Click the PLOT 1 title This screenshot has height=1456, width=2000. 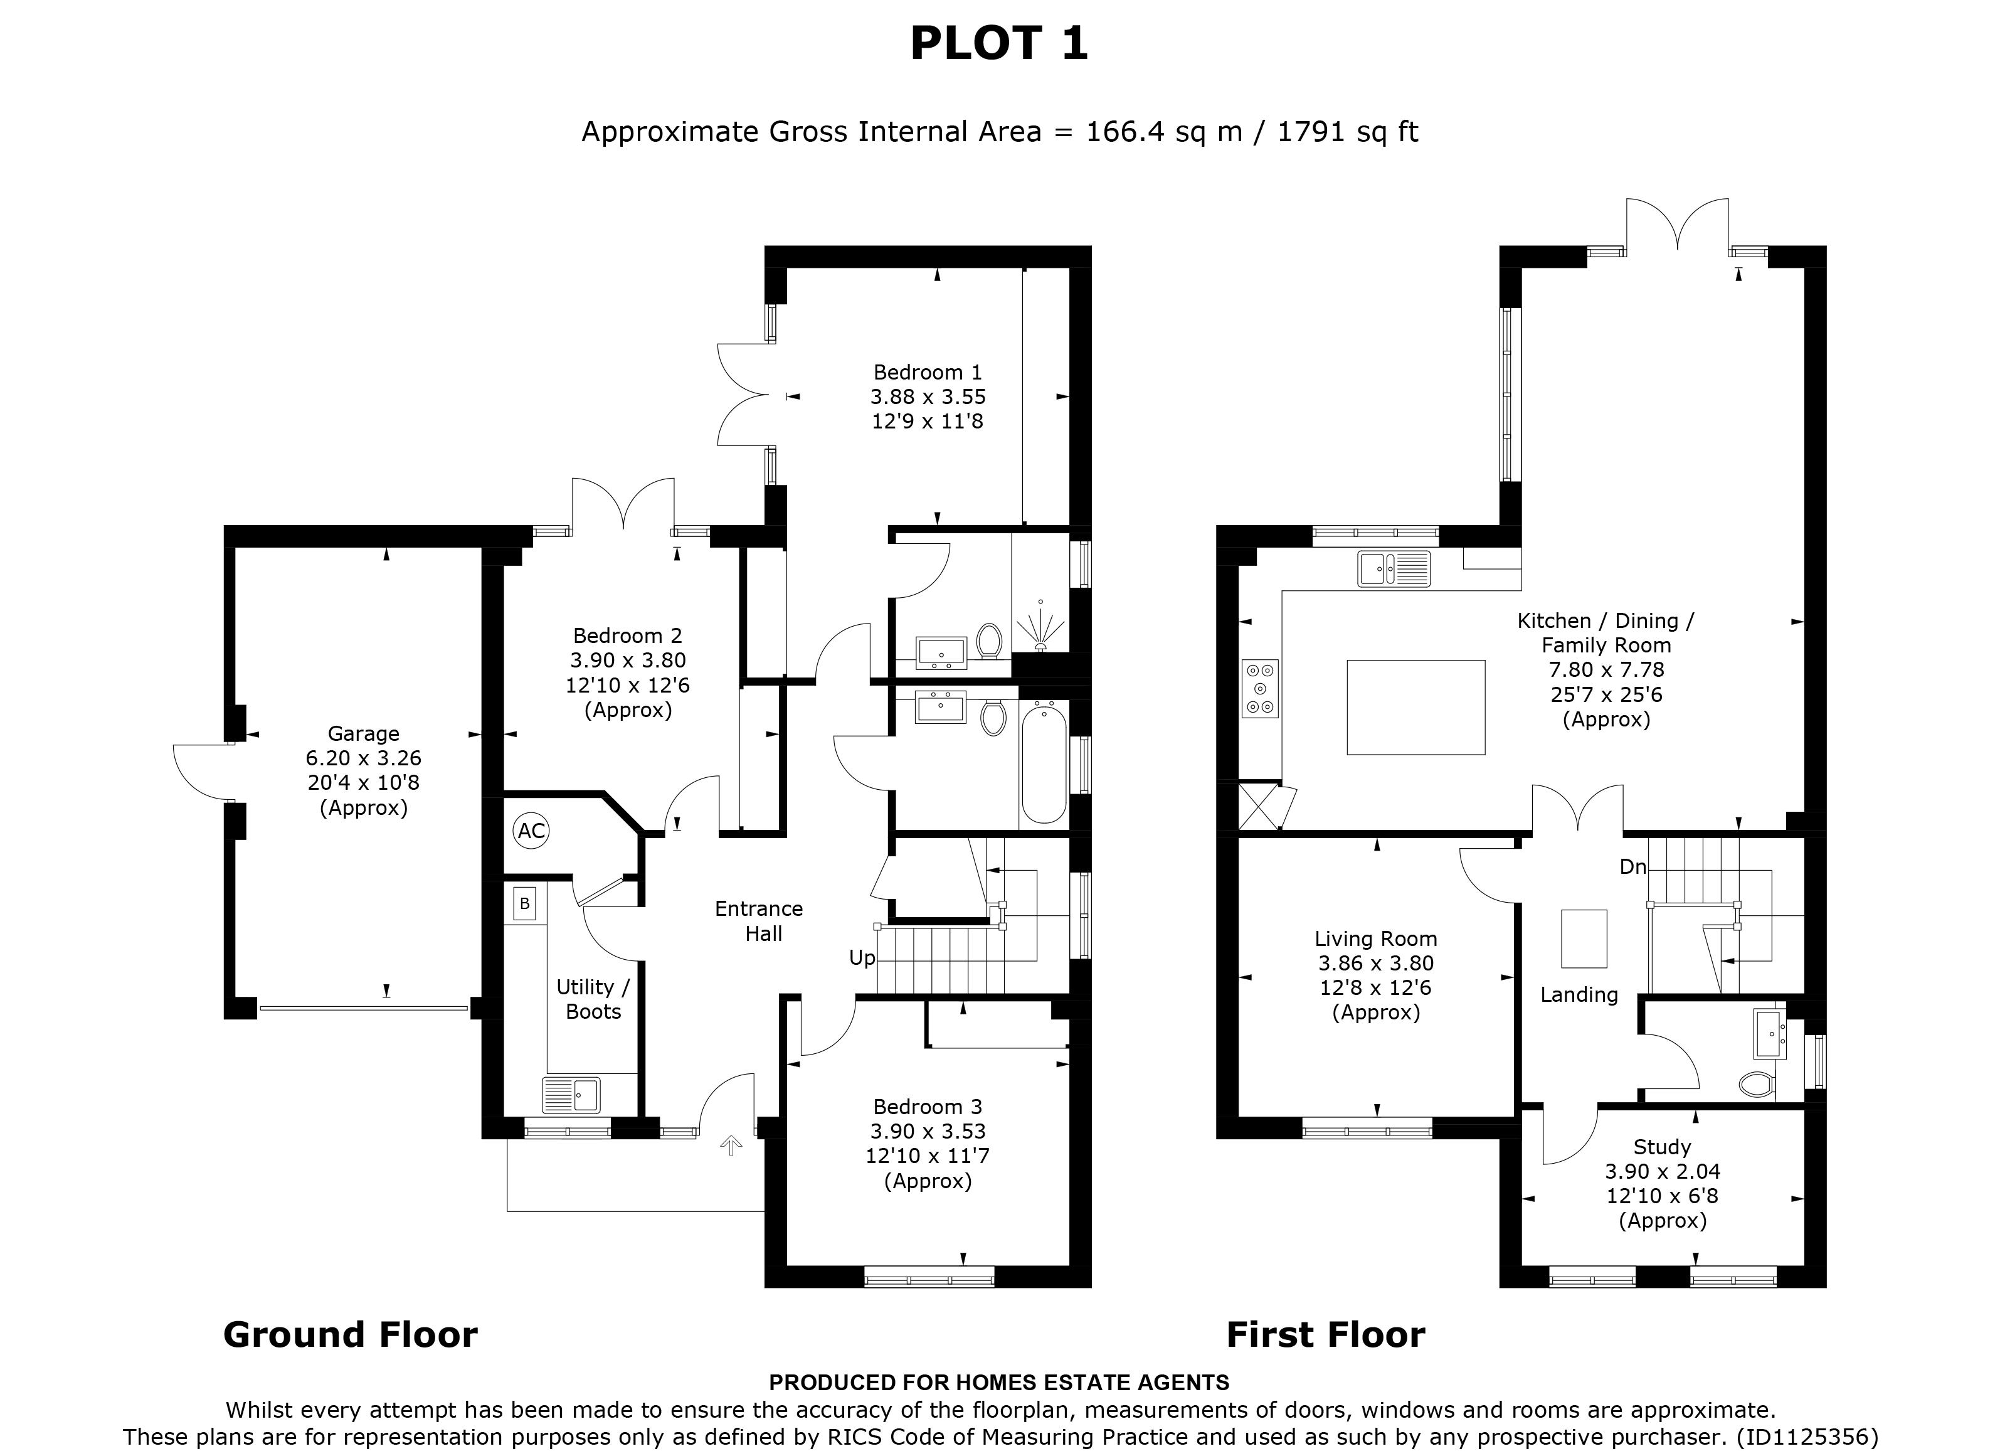point(999,44)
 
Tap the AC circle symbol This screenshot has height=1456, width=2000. point(531,831)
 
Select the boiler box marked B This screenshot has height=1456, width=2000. point(525,904)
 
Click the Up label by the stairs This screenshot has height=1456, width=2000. point(862,958)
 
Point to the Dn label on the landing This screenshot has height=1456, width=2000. point(1632,867)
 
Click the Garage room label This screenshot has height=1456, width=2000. point(363,734)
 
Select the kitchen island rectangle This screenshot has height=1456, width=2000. point(1415,707)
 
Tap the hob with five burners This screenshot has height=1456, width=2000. point(1260,689)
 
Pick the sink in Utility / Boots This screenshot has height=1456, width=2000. point(571,1095)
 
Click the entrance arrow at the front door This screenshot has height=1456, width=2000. point(731,1145)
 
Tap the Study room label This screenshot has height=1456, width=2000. point(1662,1147)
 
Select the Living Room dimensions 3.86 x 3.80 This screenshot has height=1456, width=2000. point(1375,964)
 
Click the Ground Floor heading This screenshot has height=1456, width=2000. point(350,1335)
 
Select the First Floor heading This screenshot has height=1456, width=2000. point(1325,1335)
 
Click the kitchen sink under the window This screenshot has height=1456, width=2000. point(1394,569)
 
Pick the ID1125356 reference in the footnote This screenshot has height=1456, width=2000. point(1807,1437)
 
